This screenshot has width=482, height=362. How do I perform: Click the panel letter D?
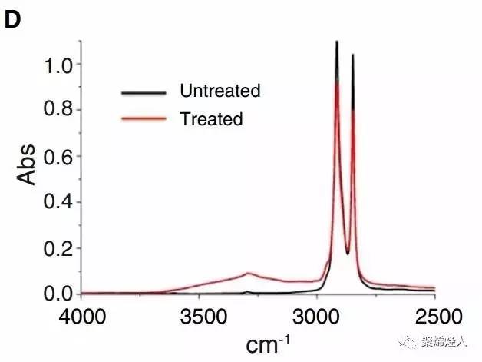coord(12,21)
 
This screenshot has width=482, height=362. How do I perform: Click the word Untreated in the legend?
coord(220,91)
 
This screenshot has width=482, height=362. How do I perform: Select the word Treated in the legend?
coord(211,118)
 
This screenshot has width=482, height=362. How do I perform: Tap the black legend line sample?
coord(144,92)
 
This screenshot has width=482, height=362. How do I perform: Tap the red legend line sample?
coord(144,119)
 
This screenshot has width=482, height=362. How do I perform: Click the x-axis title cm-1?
coord(263,342)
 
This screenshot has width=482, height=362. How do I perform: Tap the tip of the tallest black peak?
coord(336,42)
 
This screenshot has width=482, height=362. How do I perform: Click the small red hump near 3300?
coord(248,274)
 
